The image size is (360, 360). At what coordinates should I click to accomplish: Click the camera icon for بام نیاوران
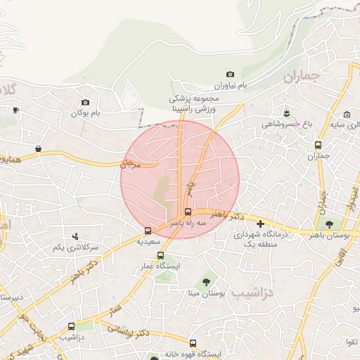click(x=230, y=74)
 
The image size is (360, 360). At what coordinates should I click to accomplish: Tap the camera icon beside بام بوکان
click(x=86, y=102)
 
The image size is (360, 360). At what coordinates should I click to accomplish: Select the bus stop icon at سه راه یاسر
click(x=187, y=211)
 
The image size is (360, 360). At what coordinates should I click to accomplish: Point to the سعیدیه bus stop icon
click(x=148, y=230)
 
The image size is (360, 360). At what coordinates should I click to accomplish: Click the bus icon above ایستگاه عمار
click(x=160, y=256)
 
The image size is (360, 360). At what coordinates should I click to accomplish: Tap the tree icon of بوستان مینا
click(x=206, y=282)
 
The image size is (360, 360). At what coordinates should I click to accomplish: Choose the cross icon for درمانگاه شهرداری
click(x=260, y=224)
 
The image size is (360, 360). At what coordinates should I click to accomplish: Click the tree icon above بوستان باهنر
click(x=329, y=223)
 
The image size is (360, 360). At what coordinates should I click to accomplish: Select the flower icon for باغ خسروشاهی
click(x=286, y=112)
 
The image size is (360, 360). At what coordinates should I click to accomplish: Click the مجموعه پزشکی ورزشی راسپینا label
click(x=195, y=104)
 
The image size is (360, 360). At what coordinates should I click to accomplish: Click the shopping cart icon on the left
click(x=37, y=149)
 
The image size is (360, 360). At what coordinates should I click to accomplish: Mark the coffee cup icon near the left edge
click(x=16, y=110)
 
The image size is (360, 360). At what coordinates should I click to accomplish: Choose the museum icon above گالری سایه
click(x=347, y=115)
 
